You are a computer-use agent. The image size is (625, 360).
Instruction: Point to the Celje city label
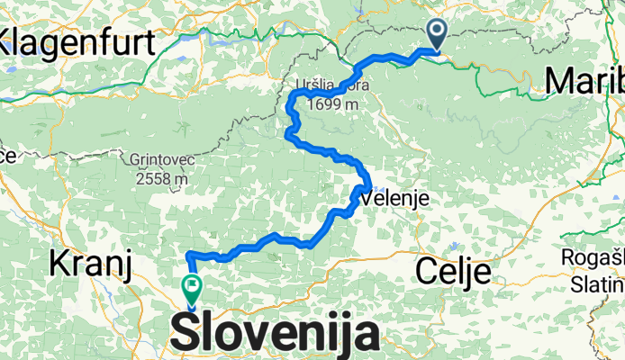click(453, 269)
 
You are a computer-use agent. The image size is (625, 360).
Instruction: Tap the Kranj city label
click(90, 264)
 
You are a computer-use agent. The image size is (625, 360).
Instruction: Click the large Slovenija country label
click(274, 334)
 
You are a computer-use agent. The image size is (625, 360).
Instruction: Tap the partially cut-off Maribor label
click(585, 81)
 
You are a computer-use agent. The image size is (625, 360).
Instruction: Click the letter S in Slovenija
click(184, 334)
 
